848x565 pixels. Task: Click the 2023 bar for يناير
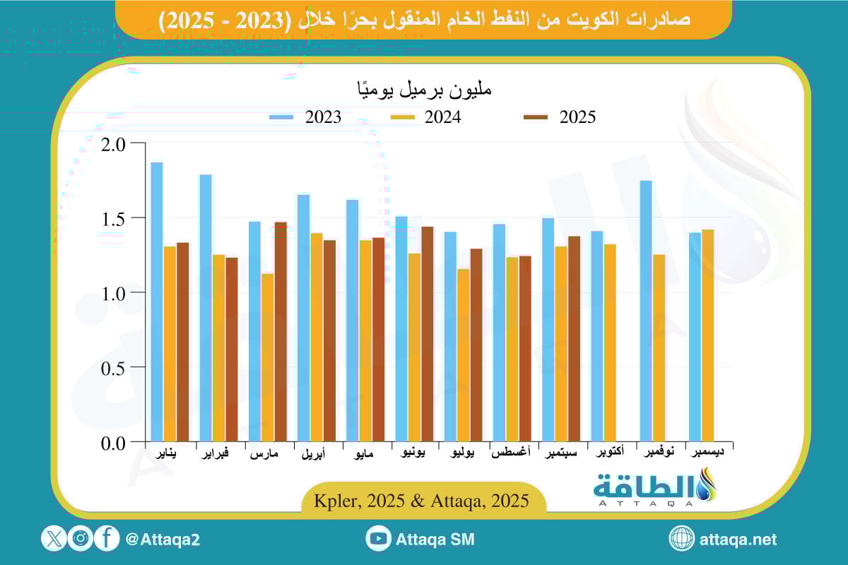[x=157, y=302]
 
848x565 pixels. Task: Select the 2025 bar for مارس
[x=281, y=332]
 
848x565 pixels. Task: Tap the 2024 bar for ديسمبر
[x=708, y=335]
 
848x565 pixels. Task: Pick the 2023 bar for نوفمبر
[x=645, y=311]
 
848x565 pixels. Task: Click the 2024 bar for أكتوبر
[x=610, y=343]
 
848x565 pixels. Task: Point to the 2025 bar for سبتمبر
[x=575, y=339]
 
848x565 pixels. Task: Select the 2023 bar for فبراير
[x=206, y=308]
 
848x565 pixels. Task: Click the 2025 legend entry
[x=559, y=117]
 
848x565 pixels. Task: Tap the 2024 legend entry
[x=425, y=117]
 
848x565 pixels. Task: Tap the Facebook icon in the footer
[x=107, y=539]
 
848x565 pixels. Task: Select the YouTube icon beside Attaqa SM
[x=379, y=539]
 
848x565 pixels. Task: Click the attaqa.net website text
[x=738, y=540]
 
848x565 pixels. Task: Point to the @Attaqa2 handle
[x=163, y=540]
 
